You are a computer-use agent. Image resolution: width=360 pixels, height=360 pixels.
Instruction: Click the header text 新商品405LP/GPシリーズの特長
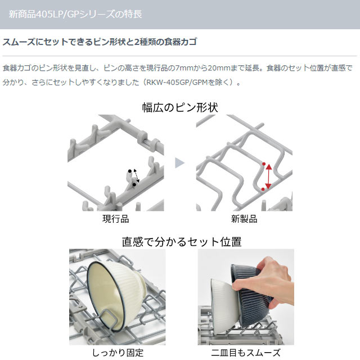tap(75, 14)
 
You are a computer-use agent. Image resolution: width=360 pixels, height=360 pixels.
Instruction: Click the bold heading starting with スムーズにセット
tap(100, 42)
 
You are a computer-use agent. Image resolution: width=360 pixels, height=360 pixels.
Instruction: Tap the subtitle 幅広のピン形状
tap(180, 107)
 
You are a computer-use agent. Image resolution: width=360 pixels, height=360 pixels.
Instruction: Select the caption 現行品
tap(116, 219)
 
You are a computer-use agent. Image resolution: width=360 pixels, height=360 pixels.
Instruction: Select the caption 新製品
tap(244, 219)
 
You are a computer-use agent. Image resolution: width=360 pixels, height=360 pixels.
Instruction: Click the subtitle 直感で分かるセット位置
tap(182, 242)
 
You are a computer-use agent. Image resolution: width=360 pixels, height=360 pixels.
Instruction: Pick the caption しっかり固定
tap(118, 353)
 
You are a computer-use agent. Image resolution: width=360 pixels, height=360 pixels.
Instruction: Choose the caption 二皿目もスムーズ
tap(246, 353)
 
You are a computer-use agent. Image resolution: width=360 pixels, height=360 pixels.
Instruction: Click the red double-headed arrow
tap(269, 177)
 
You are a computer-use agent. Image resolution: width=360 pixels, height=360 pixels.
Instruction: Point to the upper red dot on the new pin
tap(264, 164)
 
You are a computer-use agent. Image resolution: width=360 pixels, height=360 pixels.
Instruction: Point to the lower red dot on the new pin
tap(263, 189)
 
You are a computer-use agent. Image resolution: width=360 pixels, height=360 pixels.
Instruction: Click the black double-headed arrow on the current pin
tap(136, 176)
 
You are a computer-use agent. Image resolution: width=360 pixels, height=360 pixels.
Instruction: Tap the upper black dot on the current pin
tap(130, 171)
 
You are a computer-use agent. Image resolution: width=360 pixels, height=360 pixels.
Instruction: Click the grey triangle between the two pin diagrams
tap(179, 163)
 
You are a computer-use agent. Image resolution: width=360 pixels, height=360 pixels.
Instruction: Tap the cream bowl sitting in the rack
tap(115, 296)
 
